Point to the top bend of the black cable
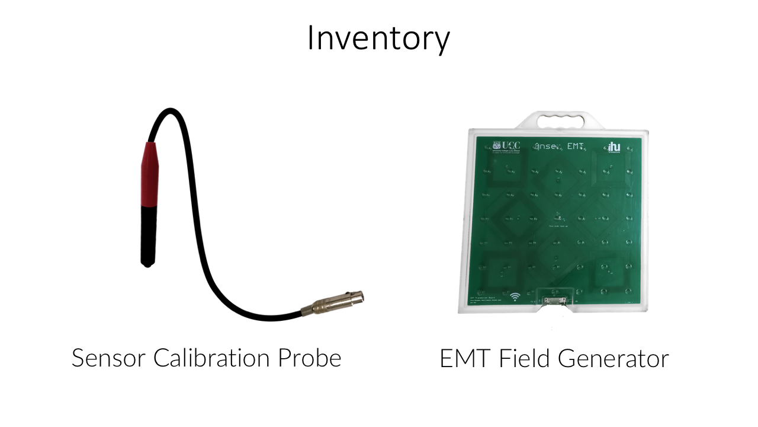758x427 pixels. [x=170, y=111]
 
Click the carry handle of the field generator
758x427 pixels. [x=555, y=120]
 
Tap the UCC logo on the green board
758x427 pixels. [x=506, y=146]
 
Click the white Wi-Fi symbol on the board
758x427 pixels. [x=515, y=296]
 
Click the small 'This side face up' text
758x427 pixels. [x=557, y=226]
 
